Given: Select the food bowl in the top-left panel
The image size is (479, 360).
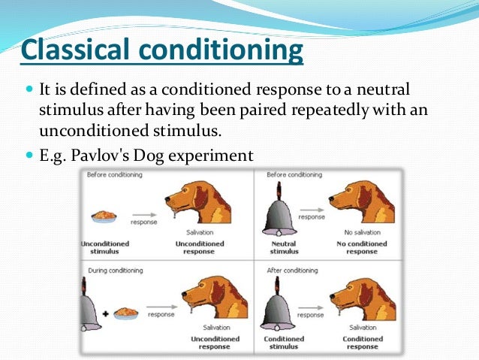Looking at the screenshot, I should (x=104, y=216).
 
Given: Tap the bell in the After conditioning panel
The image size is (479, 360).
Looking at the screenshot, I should (x=276, y=304).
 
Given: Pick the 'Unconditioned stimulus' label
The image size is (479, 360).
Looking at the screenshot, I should (x=104, y=248).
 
